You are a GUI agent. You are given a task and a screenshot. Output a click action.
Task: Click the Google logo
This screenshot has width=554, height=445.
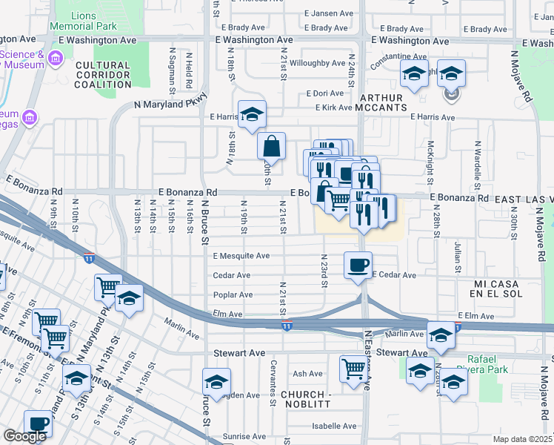(24, 437)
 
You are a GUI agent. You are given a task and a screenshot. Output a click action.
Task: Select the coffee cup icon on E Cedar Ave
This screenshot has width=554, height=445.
(358, 265)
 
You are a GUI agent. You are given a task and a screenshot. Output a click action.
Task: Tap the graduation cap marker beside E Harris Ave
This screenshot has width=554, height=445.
(252, 113)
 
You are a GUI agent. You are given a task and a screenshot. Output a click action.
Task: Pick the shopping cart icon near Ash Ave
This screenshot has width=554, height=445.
(353, 368)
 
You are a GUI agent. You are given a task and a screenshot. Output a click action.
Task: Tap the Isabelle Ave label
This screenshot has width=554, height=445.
(334, 426)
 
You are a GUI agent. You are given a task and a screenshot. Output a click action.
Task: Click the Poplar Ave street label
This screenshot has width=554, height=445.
(233, 294)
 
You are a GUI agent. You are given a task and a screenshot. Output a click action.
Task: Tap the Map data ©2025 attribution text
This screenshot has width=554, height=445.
(522, 439)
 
